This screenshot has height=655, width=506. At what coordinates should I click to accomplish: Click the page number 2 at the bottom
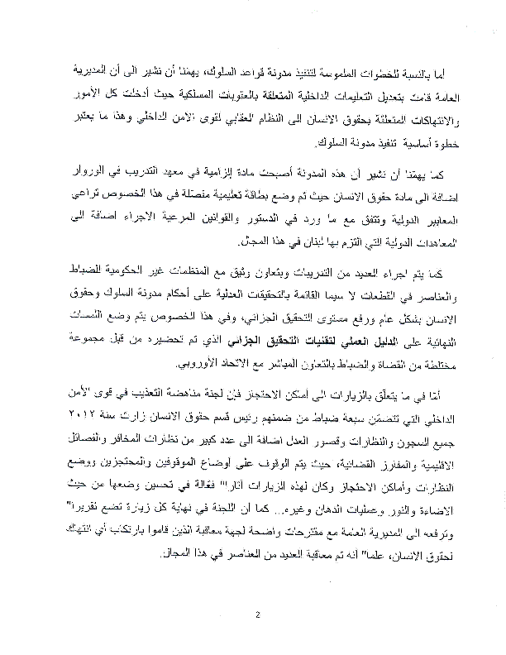[x=258, y=614]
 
